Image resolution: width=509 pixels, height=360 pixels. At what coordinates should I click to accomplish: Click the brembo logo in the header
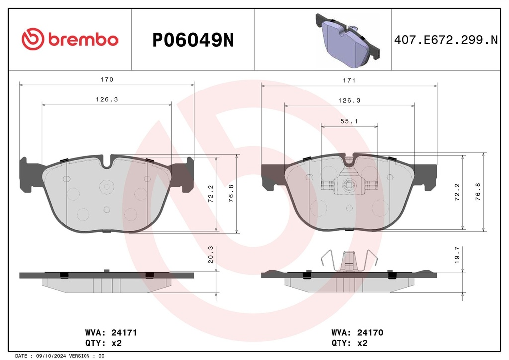(x=70, y=39)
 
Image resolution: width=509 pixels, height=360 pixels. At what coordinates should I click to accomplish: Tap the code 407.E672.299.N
(x=445, y=40)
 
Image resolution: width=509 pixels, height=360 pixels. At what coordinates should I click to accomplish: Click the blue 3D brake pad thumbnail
(x=347, y=41)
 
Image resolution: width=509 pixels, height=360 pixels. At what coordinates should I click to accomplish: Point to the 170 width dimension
(x=107, y=79)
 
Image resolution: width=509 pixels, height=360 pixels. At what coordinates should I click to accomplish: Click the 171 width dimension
(x=349, y=80)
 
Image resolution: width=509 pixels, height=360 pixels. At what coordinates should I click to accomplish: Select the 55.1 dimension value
(x=349, y=121)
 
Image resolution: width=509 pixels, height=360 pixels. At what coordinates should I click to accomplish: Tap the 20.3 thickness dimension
(x=210, y=254)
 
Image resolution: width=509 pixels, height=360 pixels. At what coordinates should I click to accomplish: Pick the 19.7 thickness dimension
(x=457, y=255)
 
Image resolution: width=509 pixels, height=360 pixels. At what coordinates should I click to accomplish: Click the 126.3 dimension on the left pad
(x=107, y=99)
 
